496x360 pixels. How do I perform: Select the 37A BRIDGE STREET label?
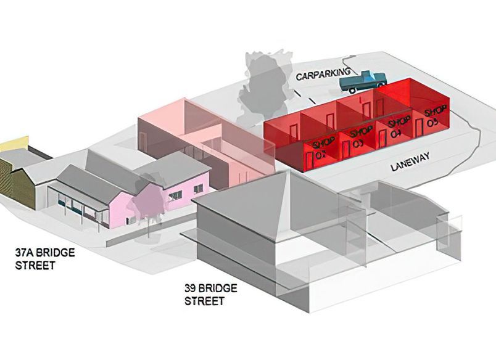[35, 259]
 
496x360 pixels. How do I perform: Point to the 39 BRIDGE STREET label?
[211, 295]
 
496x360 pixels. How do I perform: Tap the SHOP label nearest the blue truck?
[435, 115]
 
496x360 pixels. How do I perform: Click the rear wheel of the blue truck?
[354, 90]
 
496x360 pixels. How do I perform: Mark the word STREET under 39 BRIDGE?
[204, 301]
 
